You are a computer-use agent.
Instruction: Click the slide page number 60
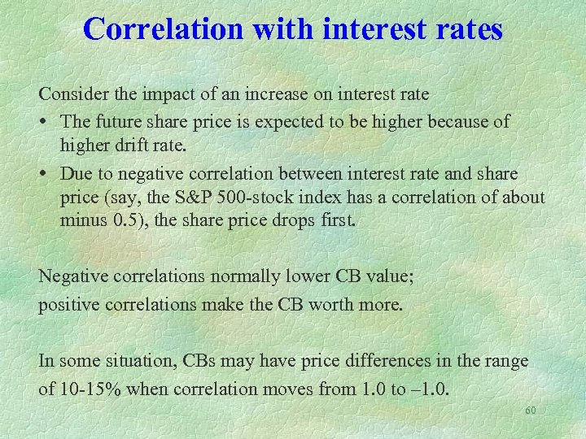[x=531, y=411]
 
